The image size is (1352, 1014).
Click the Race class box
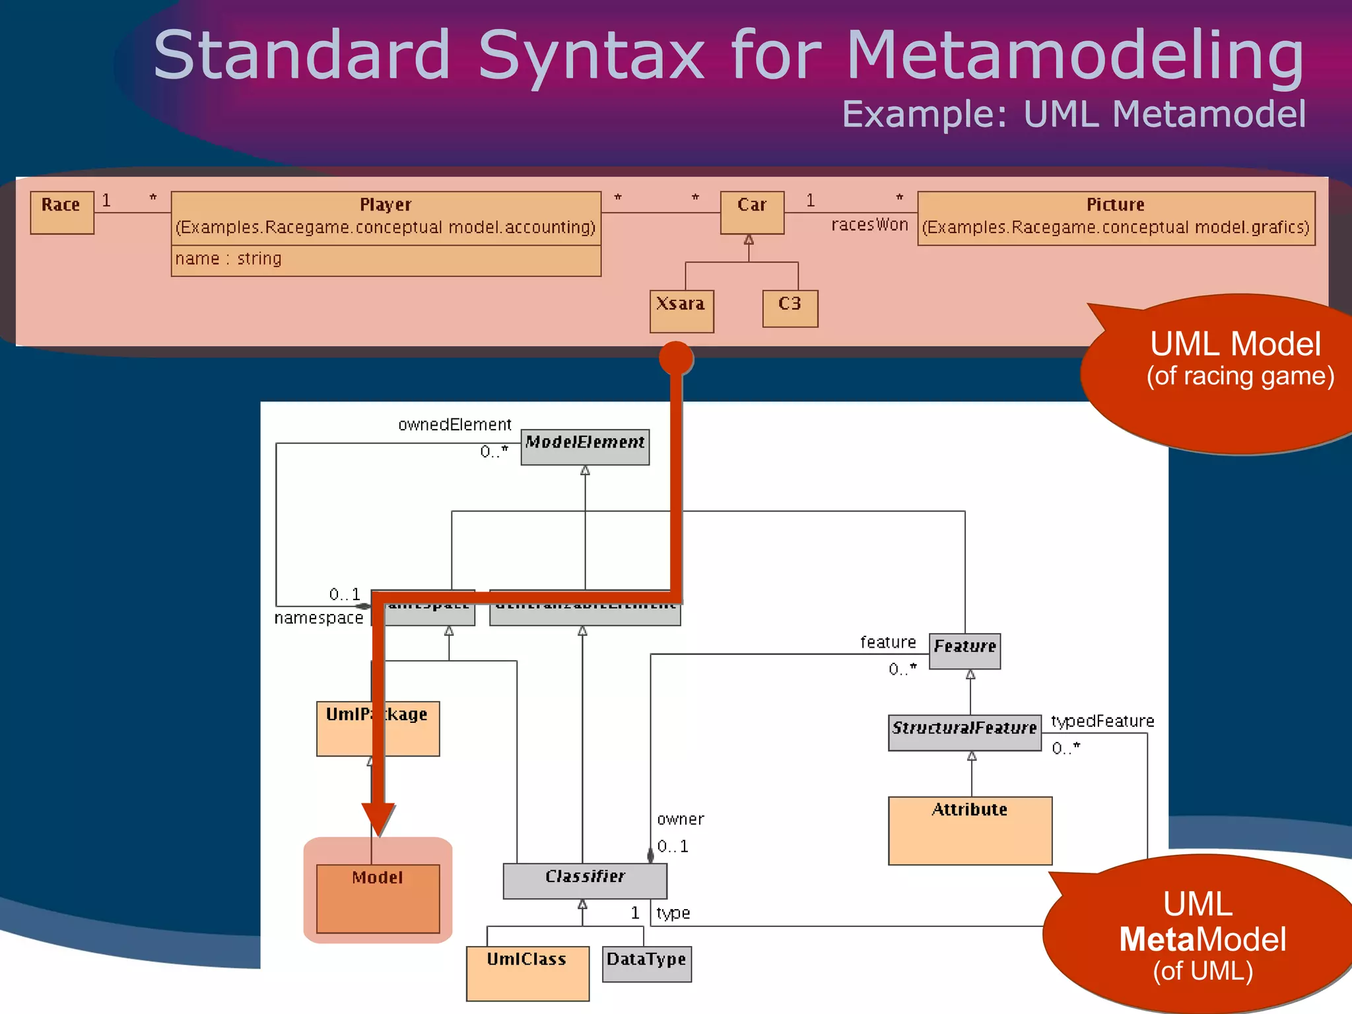coord(62,213)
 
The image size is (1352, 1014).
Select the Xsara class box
coord(681,311)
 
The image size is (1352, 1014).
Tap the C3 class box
coord(790,308)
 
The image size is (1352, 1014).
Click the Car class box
coord(752,213)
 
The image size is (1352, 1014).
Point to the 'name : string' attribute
coord(228,259)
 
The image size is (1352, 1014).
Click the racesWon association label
coord(869,225)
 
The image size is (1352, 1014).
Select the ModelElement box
coord(584,447)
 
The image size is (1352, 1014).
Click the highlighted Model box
coord(378,897)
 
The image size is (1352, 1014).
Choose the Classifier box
coord(584,881)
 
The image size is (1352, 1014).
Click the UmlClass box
coord(527,973)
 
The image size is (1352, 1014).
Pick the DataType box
coord(646,964)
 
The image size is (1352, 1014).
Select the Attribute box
coord(969,830)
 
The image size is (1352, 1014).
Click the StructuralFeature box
coord(964,732)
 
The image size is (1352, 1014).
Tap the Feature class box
coord(964,651)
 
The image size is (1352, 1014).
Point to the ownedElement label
coord(454,425)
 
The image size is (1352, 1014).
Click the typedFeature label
coord(1102,722)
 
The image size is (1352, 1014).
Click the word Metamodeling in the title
coord(1075,56)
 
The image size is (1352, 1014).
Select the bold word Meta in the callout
coord(1157,939)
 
